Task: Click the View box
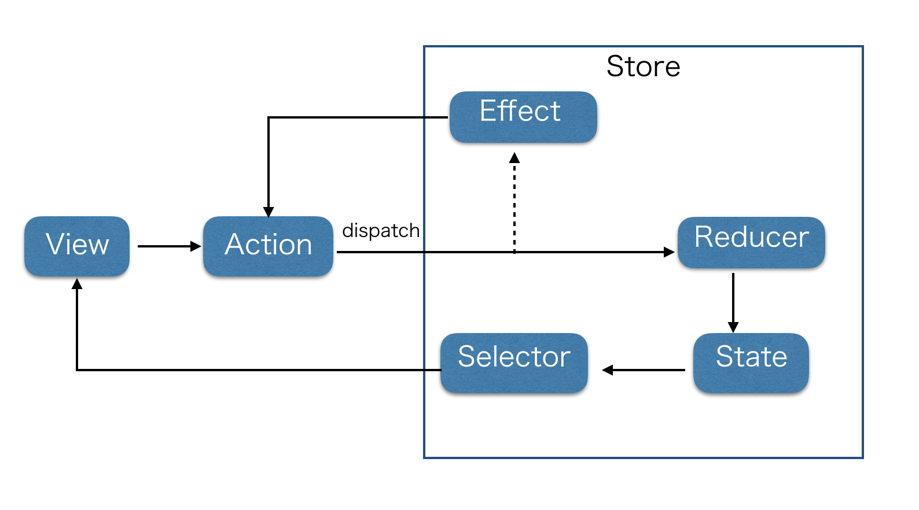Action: pyautogui.click(x=77, y=246)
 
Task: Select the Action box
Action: pyautogui.click(x=268, y=246)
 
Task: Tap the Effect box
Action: pyautogui.click(x=523, y=117)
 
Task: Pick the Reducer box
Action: pyautogui.click(x=751, y=242)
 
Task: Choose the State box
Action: pyautogui.click(x=751, y=363)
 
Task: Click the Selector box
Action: pyautogui.click(x=514, y=363)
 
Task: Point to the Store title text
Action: pyautogui.click(x=643, y=66)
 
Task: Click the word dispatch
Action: pyautogui.click(x=381, y=231)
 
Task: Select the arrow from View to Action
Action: pyautogui.click(x=168, y=246)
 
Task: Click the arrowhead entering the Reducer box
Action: pyautogui.click(x=669, y=252)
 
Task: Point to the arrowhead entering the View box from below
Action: pyautogui.click(x=77, y=284)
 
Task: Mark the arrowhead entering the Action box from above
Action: pyautogui.click(x=269, y=212)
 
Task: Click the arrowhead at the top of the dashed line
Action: pyautogui.click(x=514, y=158)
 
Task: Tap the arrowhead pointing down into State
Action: pyautogui.click(x=733, y=327)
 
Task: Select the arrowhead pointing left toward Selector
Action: pyautogui.click(x=608, y=370)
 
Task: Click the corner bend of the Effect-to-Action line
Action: pyautogui.click(x=269, y=117)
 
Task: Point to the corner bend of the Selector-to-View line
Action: pyautogui.click(x=77, y=370)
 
